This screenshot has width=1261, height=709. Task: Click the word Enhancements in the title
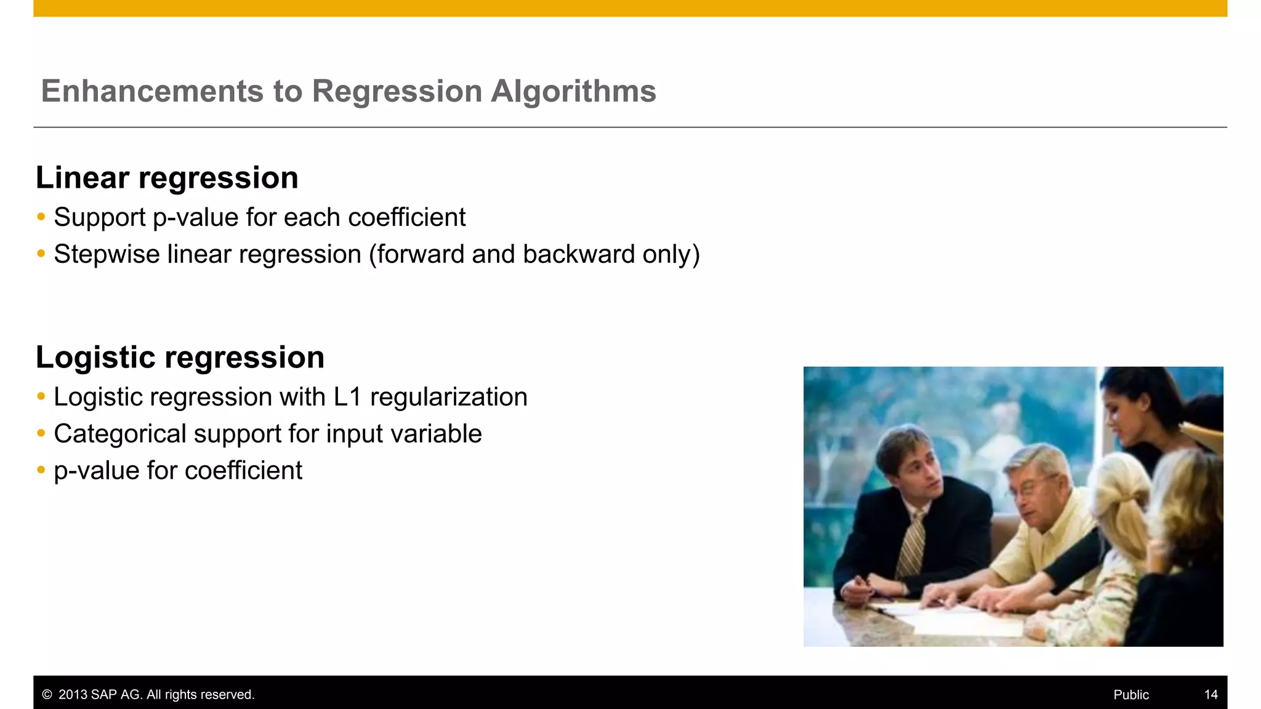(152, 91)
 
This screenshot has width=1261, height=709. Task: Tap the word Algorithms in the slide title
(573, 91)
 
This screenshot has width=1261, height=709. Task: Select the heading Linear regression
(167, 178)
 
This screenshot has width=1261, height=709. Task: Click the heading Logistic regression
(180, 358)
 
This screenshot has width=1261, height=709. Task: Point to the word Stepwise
(106, 254)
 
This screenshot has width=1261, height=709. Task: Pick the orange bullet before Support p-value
(41, 217)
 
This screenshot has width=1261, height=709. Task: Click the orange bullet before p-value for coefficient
(41, 470)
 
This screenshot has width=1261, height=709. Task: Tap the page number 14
(1211, 695)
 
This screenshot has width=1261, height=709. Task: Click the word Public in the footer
(1130, 695)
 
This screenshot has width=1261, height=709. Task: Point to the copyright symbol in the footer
(47, 695)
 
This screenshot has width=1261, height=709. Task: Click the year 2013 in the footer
(73, 695)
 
